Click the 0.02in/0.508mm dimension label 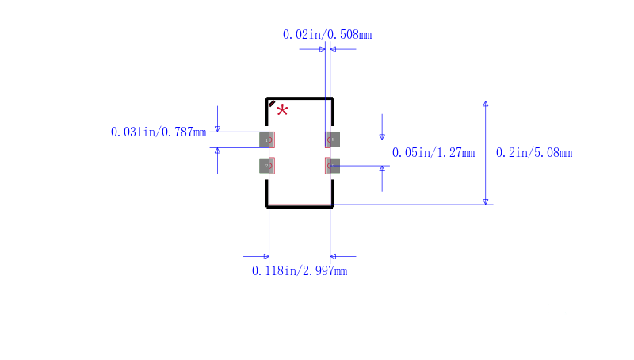pos(327,35)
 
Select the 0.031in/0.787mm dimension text pos(158,132)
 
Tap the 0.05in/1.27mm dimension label pos(433,153)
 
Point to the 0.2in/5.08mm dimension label pos(534,153)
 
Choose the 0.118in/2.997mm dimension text pos(300,271)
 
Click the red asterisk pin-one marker pos(282,110)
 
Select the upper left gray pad pos(267,140)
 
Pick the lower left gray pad pos(267,166)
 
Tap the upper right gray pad pos(332,140)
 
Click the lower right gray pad pos(332,166)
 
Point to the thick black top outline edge pos(300,98)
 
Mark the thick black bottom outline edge pos(300,207)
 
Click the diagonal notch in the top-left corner pos(272,104)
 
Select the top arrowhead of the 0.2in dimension pos(486,104)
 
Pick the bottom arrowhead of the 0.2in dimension pos(486,202)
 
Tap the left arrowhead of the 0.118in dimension pos(266,256)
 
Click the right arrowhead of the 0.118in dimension pos(333,256)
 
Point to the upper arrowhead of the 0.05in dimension pos(382,137)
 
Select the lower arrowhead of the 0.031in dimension pos(217,151)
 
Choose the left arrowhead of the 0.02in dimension pos(323,49)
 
